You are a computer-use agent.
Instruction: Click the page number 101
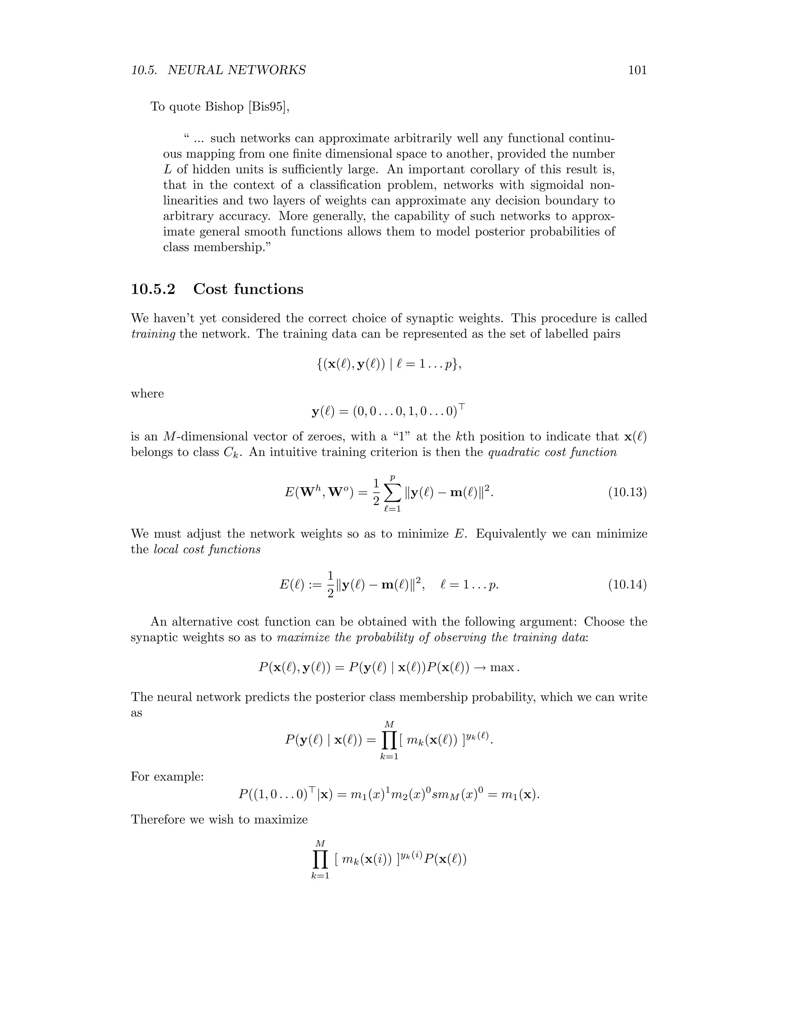click(637, 70)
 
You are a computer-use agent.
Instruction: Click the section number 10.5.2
click(153, 289)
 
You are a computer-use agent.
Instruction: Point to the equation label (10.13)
click(627, 493)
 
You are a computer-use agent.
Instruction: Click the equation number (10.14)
click(627, 585)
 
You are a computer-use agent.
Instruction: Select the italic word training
click(153, 334)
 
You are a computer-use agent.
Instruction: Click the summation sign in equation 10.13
click(392, 493)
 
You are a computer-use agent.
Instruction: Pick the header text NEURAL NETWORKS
click(237, 70)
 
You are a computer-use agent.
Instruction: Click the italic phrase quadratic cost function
click(552, 452)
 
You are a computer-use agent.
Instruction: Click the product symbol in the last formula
click(320, 860)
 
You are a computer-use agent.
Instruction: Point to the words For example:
click(167, 777)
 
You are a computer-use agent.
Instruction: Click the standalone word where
click(147, 394)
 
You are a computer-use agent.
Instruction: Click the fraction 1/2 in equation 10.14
click(330, 585)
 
